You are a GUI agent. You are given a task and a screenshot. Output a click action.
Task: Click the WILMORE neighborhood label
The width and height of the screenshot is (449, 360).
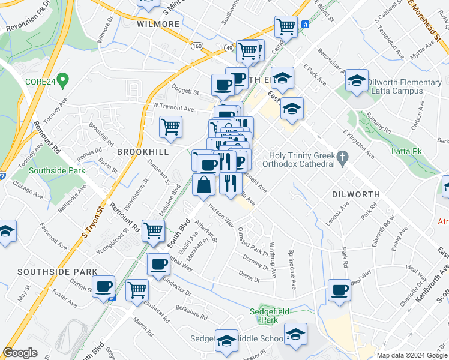pyautogui.click(x=158, y=24)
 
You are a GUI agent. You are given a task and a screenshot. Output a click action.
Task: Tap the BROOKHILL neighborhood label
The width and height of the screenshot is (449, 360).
pyautogui.click(x=140, y=152)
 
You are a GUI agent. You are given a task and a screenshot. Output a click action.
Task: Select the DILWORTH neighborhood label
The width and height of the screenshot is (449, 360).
pyautogui.click(x=355, y=194)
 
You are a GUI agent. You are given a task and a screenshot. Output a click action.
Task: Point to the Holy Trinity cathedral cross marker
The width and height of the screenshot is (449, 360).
pyautogui.click(x=342, y=158)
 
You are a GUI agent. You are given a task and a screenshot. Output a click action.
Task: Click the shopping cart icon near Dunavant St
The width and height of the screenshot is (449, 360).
pyautogui.click(x=171, y=127)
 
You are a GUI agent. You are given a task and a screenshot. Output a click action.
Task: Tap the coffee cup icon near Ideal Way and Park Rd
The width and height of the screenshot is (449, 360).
pyautogui.click(x=339, y=290)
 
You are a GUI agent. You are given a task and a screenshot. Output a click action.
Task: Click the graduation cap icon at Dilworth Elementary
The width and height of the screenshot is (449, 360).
pyautogui.click(x=356, y=81)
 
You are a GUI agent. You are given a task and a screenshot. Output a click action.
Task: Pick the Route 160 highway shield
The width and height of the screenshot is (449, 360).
pyautogui.click(x=196, y=46)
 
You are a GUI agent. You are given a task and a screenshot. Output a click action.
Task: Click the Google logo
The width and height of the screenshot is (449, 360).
pyautogui.click(x=20, y=353)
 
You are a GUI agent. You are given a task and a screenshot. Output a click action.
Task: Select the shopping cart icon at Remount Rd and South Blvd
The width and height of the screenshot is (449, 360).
pyautogui.click(x=154, y=230)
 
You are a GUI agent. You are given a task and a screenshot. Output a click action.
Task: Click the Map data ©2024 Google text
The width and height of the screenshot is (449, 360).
pyautogui.click(x=411, y=355)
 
